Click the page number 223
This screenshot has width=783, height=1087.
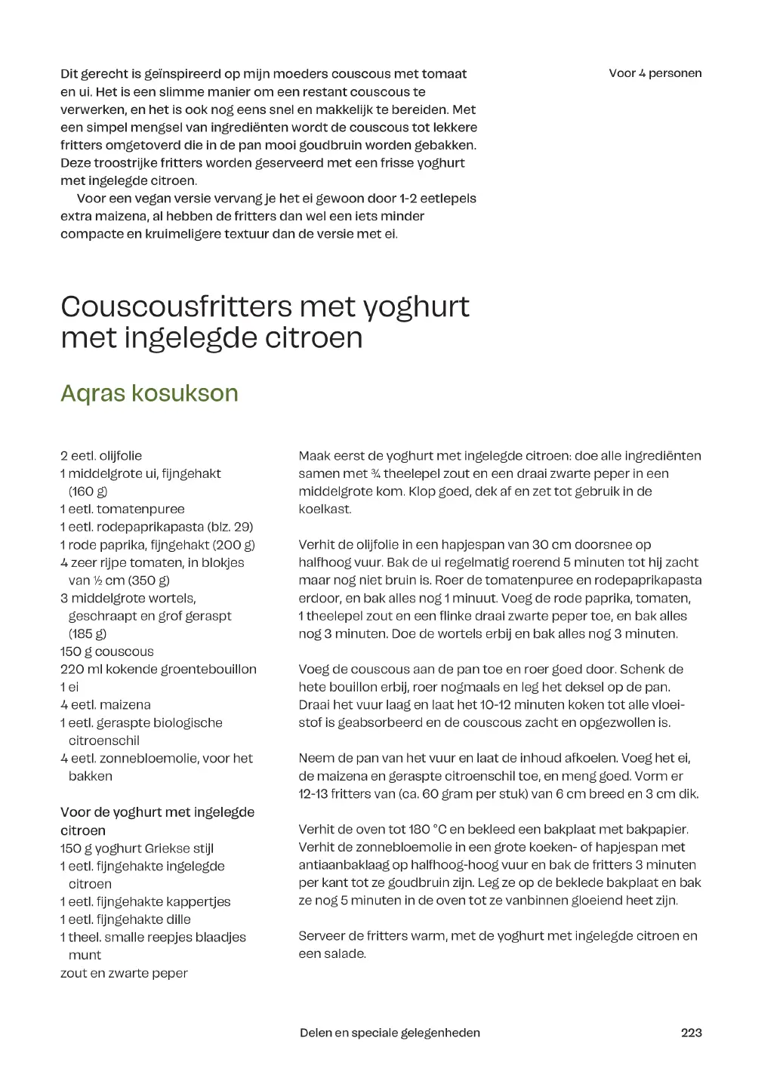tap(691, 1033)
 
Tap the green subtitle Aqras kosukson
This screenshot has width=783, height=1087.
tap(149, 393)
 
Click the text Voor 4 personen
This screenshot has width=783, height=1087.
tap(655, 73)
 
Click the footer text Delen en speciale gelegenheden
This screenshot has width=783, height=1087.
tap(390, 1033)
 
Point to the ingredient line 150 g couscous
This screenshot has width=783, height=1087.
tap(106, 651)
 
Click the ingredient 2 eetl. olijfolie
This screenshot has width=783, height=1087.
tap(101, 456)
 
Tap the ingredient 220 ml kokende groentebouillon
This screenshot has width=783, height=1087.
tap(159, 669)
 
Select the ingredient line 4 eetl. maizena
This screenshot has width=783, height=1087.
tap(106, 704)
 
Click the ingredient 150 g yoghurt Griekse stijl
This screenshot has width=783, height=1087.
tap(137, 848)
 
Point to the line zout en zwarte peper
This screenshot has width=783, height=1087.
tap(124, 973)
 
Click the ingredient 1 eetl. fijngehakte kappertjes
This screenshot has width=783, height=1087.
tap(145, 901)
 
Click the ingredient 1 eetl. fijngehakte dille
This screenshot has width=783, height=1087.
tap(125, 919)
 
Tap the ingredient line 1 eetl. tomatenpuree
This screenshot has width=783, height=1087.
tap(122, 510)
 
